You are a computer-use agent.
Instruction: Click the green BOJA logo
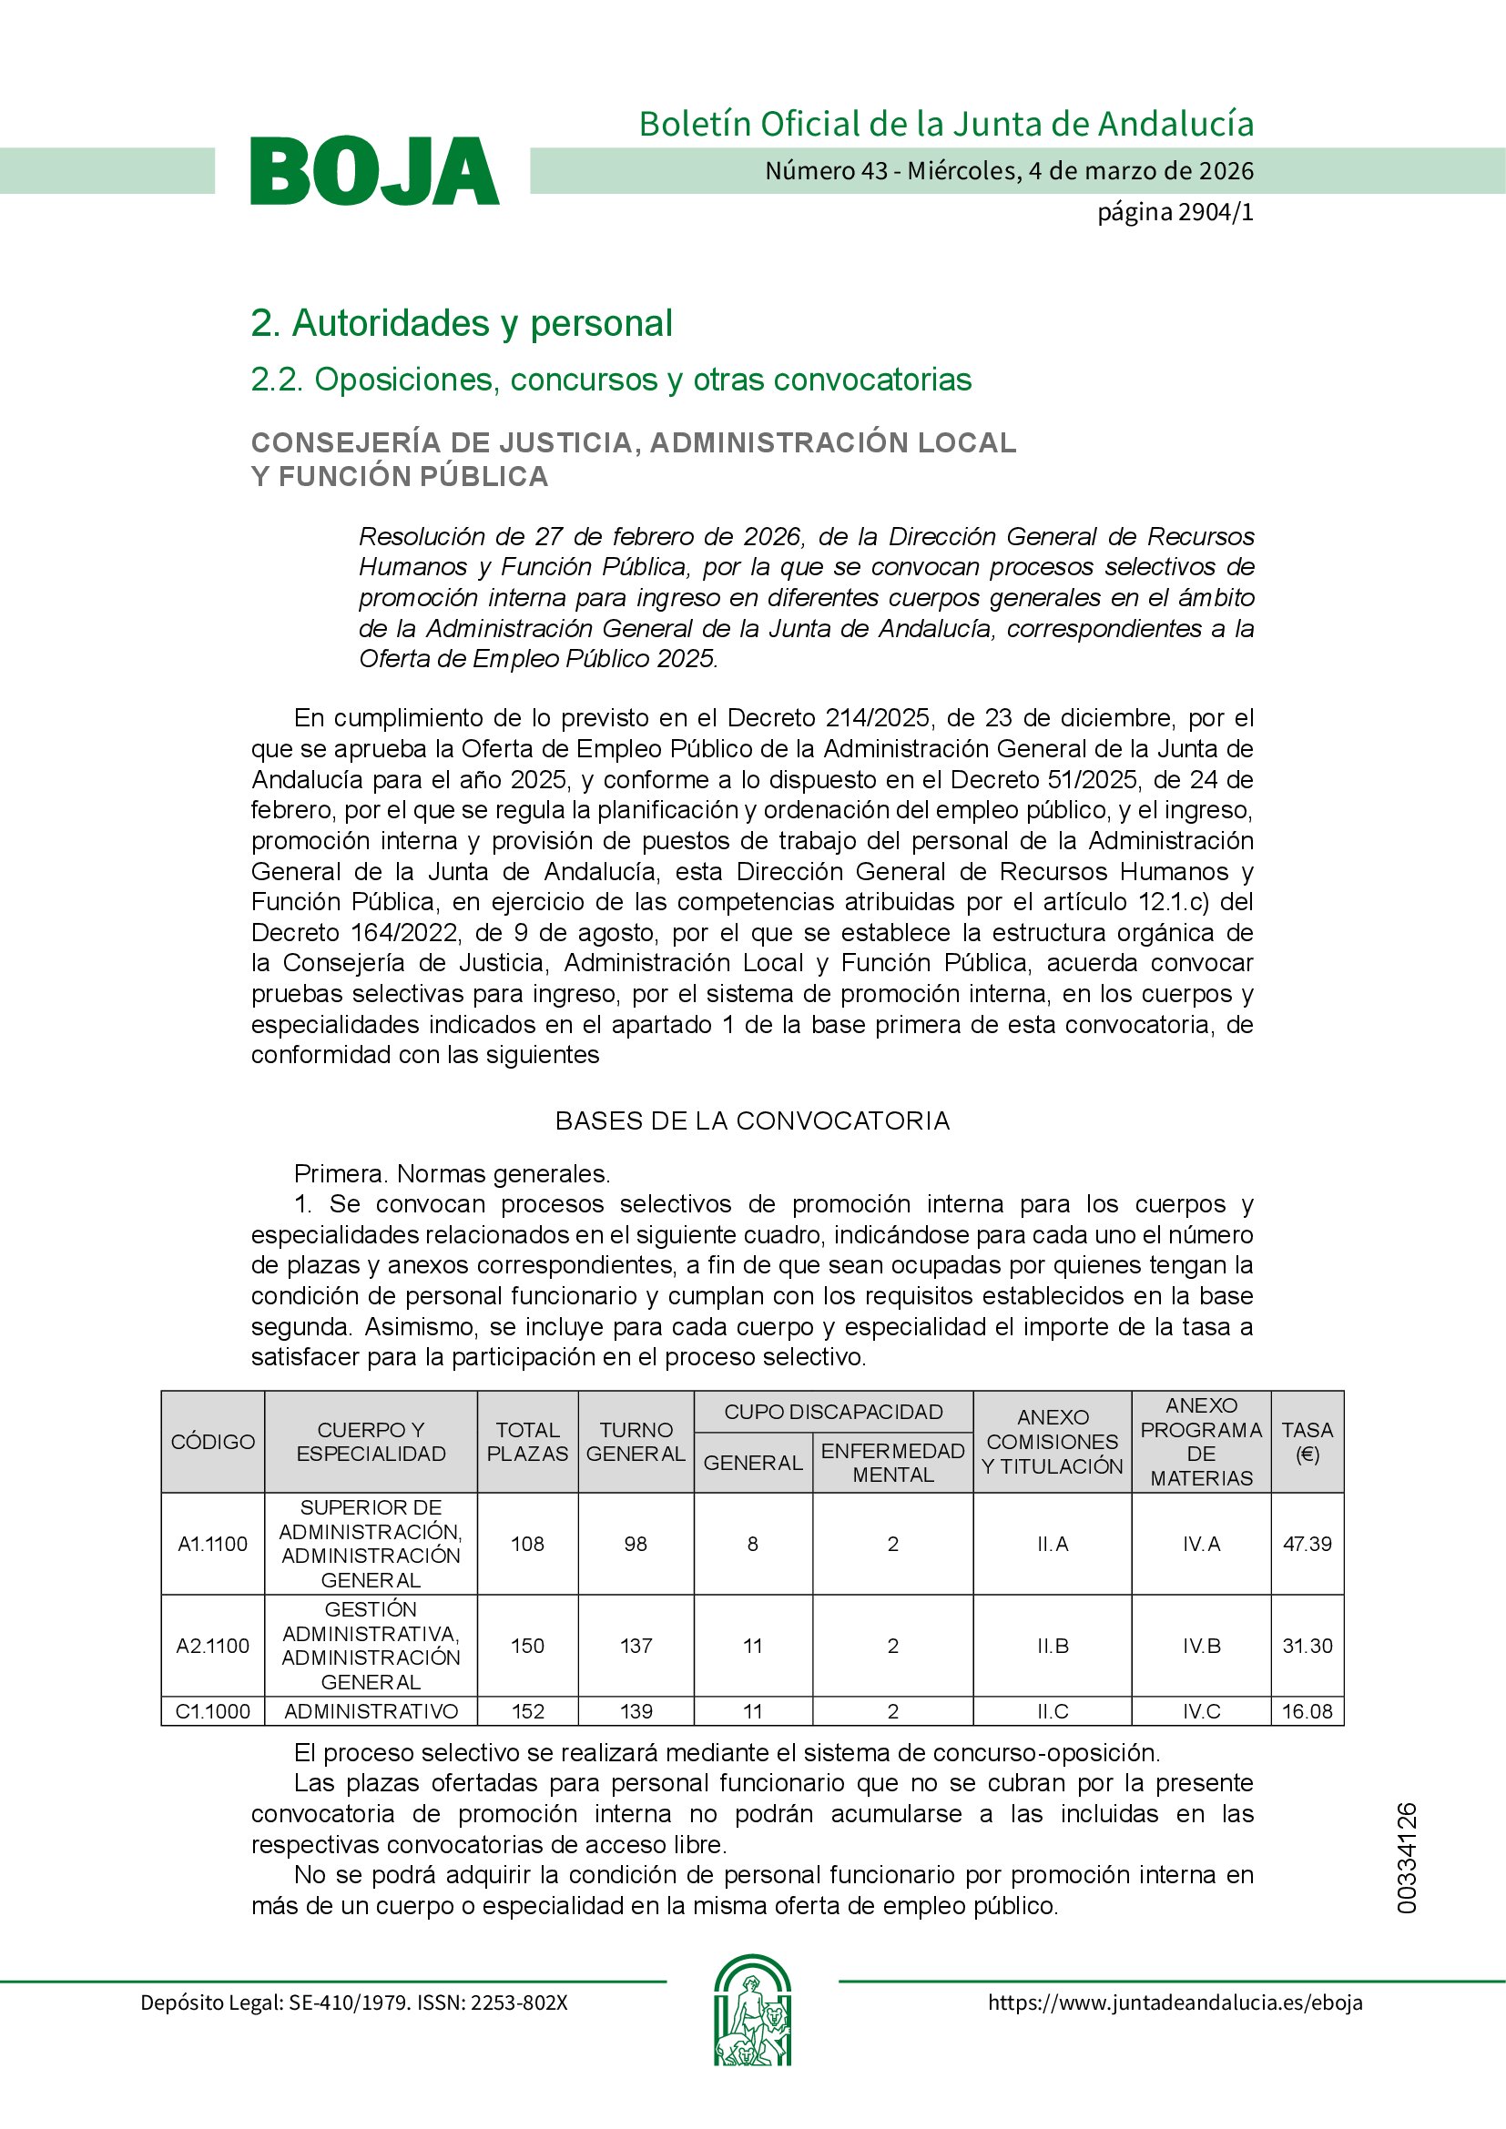(374, 170)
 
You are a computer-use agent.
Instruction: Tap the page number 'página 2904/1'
(1175, 212)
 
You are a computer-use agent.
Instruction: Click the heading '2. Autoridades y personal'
(461, 324)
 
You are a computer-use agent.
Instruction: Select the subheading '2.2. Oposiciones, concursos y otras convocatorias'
(610, 380)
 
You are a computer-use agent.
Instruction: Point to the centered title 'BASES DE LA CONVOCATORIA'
(752, 1121)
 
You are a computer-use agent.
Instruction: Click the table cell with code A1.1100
(212, 1544)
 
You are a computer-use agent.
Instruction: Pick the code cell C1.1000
(212, 1711)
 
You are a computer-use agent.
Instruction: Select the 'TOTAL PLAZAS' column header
(528, 1442)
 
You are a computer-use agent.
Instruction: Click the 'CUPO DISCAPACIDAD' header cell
(833, 1413)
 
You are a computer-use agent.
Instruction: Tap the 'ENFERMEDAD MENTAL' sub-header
(892, 1463)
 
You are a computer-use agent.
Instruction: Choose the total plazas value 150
(528, 1646)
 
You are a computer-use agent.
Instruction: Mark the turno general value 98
(636, 1544)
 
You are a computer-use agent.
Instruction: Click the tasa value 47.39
(1307, 1544)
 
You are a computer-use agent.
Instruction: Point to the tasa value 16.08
(1307, 1711)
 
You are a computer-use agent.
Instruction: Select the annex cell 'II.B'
(1053, 1646)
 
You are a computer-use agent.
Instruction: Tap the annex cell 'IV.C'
(1201, 1711)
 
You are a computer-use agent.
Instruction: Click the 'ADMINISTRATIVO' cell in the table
(371, 1711)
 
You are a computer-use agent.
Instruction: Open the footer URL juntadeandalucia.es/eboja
(1175, 2002)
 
